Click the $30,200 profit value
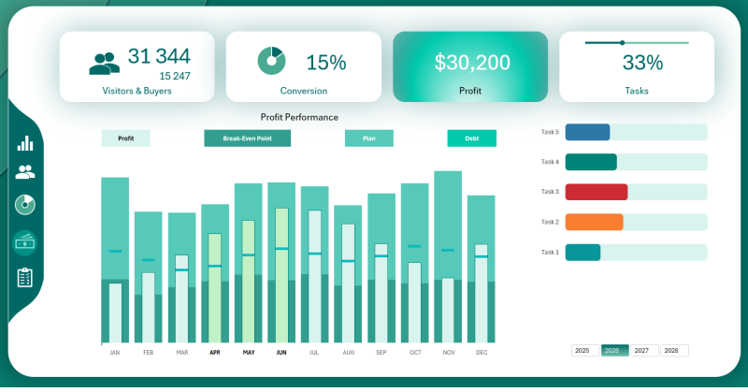click(472, 63)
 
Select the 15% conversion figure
click(326, 63)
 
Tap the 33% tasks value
click(642, 63)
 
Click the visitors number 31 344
click(159, 57)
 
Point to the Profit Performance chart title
click(299, 117)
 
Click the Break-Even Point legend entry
click(247, 138)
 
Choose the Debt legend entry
click(471, 138)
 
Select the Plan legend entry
click(368, 138)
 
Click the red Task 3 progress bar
click(597, 192)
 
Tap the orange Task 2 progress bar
click(594, 222)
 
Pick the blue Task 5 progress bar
click(587, 132)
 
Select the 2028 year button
click(673, 351)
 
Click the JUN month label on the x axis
click(281, 353)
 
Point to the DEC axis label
click(482, 353)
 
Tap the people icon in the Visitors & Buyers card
click(104, 63)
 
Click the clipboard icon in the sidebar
click(25, 278)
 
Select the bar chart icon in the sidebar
click(25, 142)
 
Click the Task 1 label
click(550, 252)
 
